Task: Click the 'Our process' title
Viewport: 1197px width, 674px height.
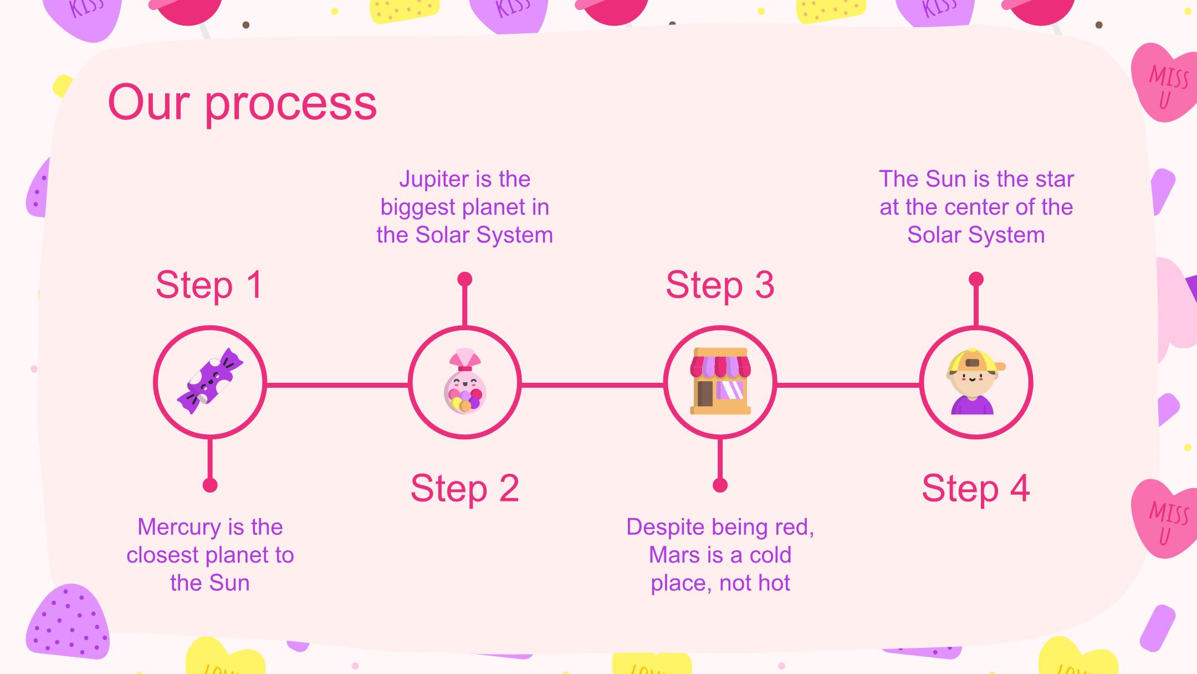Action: pyautogui.click(x=242, y=103)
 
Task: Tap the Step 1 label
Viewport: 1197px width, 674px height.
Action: pyautogui.click(x=209, y=285)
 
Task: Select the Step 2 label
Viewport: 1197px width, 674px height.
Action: pyautogui.click(x=464, y=489)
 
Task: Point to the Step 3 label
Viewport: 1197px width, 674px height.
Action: pyautogui.click(x=720, y=285)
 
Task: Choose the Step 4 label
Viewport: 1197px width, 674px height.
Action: pyautogui.click(x=975, y=489)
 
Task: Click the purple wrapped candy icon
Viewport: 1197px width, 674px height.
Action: pyautogui.click(x=209, y=381)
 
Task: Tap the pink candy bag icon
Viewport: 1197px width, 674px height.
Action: pyautogui.click(x=464, y=381)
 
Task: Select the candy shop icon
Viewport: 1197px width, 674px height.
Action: pyautogui.click(x=720, y=381)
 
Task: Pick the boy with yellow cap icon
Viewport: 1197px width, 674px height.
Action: pyautogui.click(x=975, y=382)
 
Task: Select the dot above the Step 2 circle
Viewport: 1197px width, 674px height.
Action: pyautogui.click(x=465, y=279)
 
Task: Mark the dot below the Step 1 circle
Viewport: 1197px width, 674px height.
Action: pyautogui.click(x=210, y=485)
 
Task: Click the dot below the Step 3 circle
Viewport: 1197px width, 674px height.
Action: pyautogui.click(x=720, y=485)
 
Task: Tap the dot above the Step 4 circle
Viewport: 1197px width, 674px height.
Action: pyautogui.click(x=976, y=279)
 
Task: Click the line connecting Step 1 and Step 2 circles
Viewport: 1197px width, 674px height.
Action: pyautogui.click(x=337, y=384)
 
